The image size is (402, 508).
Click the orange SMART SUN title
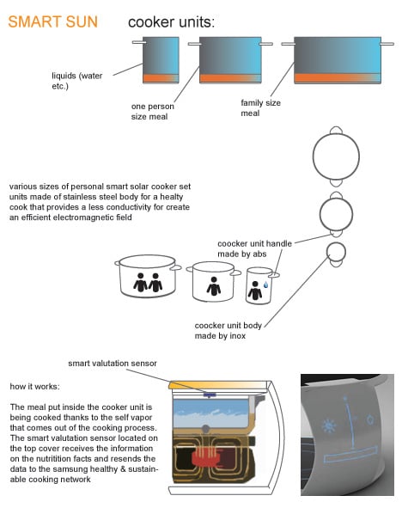(x=52, y=22)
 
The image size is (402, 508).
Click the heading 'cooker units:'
(x=171, y=22)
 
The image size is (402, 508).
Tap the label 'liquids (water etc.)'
(x=77, y=81)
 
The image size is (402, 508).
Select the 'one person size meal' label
(x=152, y=112)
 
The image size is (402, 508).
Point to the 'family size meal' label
(x=260, y=108)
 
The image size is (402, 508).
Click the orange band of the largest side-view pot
(x=338, y=78)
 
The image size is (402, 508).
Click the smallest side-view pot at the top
(x=161, y=60)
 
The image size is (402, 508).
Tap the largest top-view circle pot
(x=336, y=156)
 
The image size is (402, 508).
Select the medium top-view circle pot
(x=336, y=214)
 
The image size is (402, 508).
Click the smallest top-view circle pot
(x=336, y=254)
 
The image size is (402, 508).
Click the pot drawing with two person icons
(x=148, y=277)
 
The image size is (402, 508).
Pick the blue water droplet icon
(x=265, y=285)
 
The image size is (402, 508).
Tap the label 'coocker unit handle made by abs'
(x=254, y=248)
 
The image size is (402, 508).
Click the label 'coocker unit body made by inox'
(x=228, y=330)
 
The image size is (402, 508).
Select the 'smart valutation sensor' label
(x=113, y=364)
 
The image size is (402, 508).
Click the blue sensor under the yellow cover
(x=210, y=395)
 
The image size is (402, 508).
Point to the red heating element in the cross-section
(x=206, y=457)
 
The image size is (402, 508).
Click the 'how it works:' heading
(x=34, y=387)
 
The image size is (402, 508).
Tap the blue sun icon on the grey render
(x=329, y=425)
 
